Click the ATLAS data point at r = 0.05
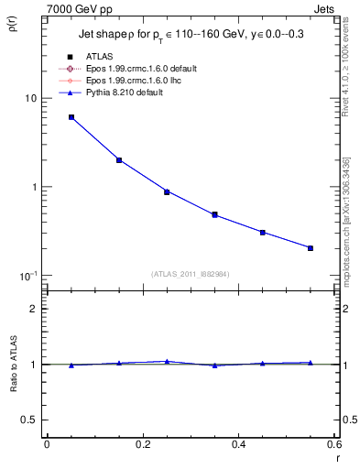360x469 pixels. coord(71,117)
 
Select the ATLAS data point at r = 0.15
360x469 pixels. coord(119,160)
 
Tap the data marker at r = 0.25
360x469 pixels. coord(167,191)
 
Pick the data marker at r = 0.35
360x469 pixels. coord(214,215)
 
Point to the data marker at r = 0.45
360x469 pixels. coord(262,233)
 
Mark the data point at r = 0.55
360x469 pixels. coord(311,248)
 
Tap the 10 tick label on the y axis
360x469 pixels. coord(30,98)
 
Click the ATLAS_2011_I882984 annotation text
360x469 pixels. coord(191,273)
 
